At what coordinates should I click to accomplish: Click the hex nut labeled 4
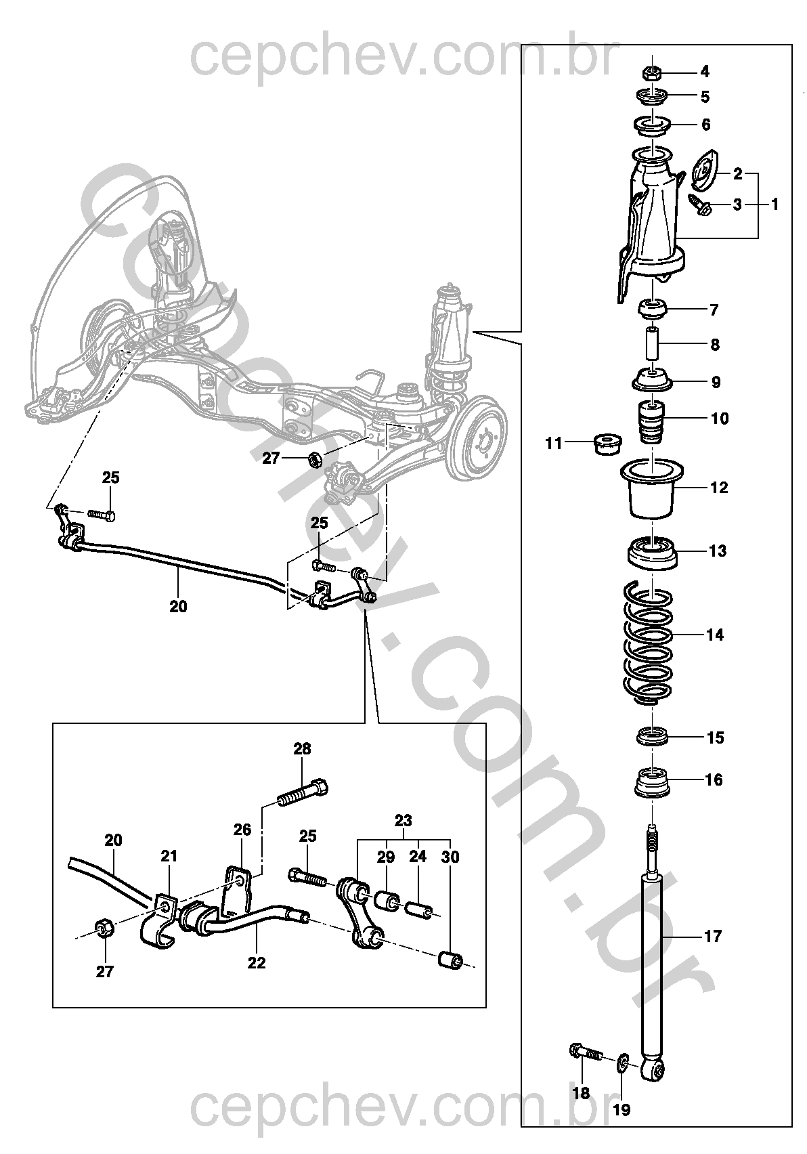pos(651,72)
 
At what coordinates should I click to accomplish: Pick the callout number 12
pos(719,488)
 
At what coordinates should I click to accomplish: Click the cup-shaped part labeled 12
pos(652,489)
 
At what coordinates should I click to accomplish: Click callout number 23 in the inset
pos(403,820)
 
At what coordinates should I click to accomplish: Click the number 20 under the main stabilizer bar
pos(178,607)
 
